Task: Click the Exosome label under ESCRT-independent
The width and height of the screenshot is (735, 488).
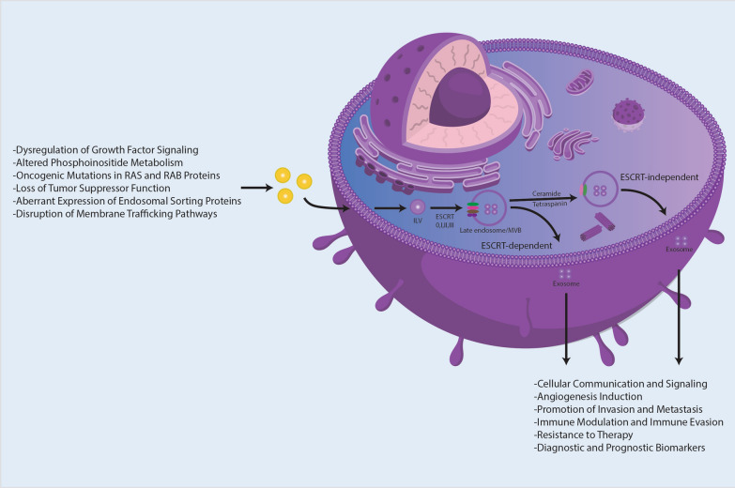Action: point(680,251)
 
